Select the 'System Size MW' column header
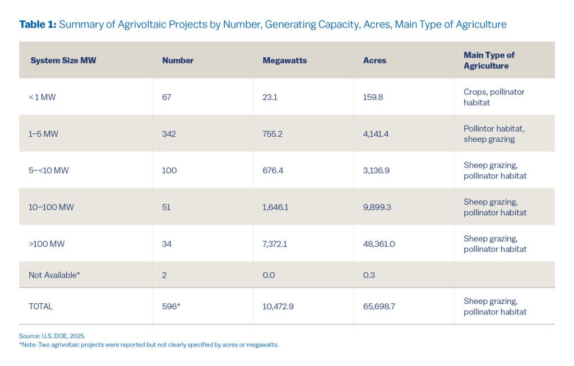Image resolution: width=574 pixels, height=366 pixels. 63,61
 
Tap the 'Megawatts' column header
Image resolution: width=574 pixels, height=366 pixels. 285,61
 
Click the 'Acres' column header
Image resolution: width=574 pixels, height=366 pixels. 374,61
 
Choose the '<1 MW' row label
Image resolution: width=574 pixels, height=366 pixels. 42,97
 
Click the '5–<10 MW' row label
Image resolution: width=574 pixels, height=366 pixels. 48,170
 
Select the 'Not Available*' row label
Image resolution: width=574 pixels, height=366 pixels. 54,275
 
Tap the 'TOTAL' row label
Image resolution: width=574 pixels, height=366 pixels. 40,307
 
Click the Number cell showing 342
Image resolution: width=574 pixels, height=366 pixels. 169,134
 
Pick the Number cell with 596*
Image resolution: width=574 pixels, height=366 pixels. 171,307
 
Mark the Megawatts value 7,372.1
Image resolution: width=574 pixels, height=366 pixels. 278,244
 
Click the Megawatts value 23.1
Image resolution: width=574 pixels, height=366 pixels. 270,97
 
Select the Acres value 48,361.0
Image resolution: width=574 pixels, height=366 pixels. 381,244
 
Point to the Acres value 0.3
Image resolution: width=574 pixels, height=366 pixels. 369,275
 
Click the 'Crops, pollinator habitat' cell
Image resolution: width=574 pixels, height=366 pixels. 494,97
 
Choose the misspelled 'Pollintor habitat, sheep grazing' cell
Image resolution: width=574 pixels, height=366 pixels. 494,134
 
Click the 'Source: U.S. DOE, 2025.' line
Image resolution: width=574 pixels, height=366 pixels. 52,336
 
